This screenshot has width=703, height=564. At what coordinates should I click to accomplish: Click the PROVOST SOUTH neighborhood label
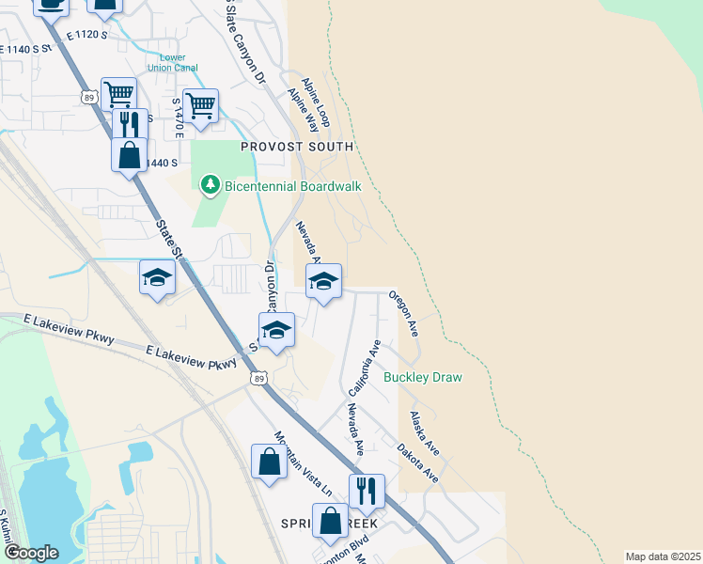(297, 147)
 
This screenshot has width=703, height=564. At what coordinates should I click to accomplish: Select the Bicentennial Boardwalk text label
(293, 186)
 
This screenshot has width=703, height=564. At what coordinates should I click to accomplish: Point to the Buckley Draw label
(423, 377)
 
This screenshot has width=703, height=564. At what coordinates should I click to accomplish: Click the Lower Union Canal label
(172, 61)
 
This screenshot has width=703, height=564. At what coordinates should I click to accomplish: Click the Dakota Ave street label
(418, 463)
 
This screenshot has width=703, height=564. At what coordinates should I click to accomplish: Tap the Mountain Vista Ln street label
(304, 463)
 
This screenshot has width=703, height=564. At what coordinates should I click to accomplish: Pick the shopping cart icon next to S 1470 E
(201, 105)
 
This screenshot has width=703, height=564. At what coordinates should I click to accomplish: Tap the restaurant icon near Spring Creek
(367, 490)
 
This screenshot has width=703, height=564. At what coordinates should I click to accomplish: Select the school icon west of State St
(157, 277)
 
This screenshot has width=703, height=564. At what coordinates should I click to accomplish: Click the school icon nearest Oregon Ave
(323, 281)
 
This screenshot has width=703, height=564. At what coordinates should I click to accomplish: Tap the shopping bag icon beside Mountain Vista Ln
(269, 462)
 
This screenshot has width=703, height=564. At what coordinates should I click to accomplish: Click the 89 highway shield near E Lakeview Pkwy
(258, 377)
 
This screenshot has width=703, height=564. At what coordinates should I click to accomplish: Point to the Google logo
(30, 552)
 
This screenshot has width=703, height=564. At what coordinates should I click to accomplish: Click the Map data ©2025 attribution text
(662, 556)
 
